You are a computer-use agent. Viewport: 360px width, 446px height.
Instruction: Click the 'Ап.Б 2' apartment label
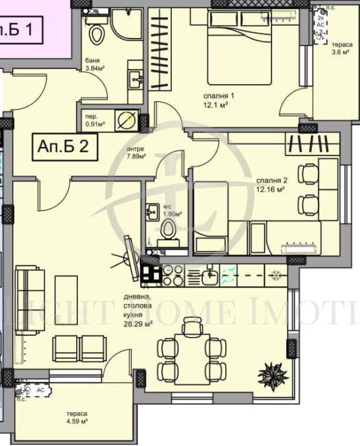click(63, 146)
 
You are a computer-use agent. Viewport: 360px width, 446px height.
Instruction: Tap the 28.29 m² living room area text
click(131, 323)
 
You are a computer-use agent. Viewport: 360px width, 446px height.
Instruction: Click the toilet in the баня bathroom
click(96, 32)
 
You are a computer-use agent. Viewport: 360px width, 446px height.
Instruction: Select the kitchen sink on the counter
click(209, 277)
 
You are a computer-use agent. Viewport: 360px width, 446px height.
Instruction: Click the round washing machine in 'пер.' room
click(126, 120)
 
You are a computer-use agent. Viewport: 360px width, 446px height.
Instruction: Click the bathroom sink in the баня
click(136, 77)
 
